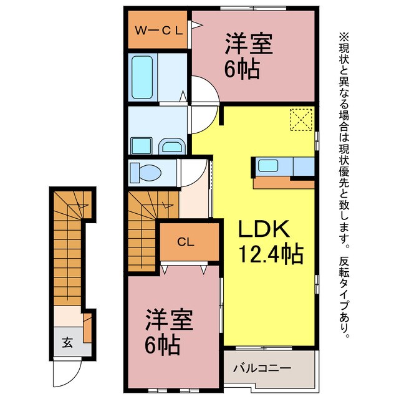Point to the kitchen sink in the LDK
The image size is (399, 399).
[269, 166]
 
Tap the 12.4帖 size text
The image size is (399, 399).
[271, 254]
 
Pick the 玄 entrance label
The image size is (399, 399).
[66, 342]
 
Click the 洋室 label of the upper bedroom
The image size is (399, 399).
[240, 45]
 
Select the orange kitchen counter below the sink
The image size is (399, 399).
[283, 182]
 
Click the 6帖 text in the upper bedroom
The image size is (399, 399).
[239, 69]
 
